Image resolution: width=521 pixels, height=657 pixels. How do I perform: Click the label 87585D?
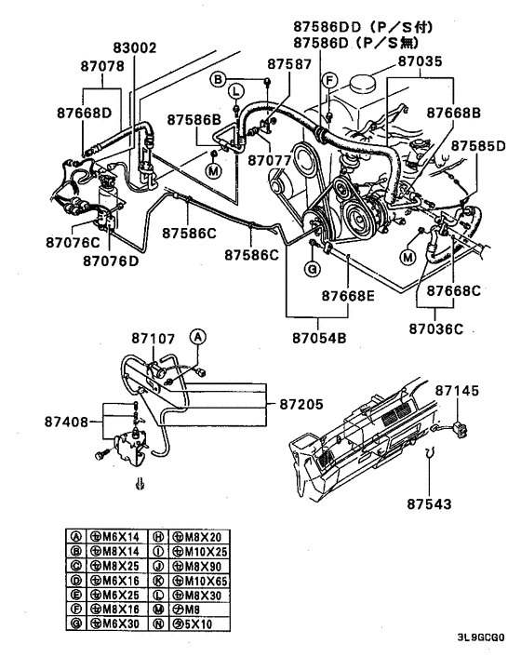coord(479,147)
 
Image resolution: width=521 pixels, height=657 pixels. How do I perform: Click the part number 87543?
coord(429,505)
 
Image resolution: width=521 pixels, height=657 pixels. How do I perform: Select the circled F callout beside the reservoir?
coord(327,82)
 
